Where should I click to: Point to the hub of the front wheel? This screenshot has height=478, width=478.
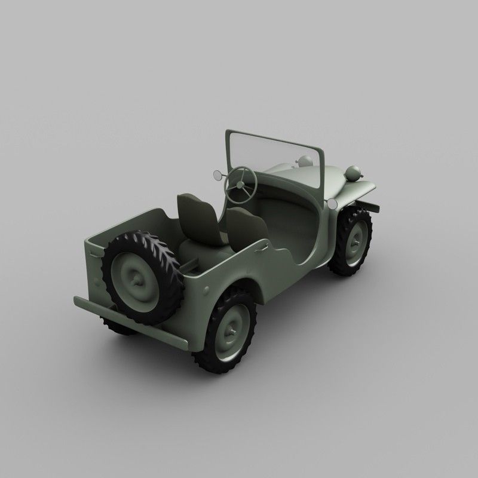click(x=356, y=242)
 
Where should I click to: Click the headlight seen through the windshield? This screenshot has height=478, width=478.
click(x=305, y=161)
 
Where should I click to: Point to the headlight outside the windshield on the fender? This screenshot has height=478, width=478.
click(x=354, y=174)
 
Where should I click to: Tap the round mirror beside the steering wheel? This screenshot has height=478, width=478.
click(x=216, y=174)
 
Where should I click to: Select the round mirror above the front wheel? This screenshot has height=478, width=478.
click(x=333, y=204)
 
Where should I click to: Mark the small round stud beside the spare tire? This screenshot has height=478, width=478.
click(x=207, y=289)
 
